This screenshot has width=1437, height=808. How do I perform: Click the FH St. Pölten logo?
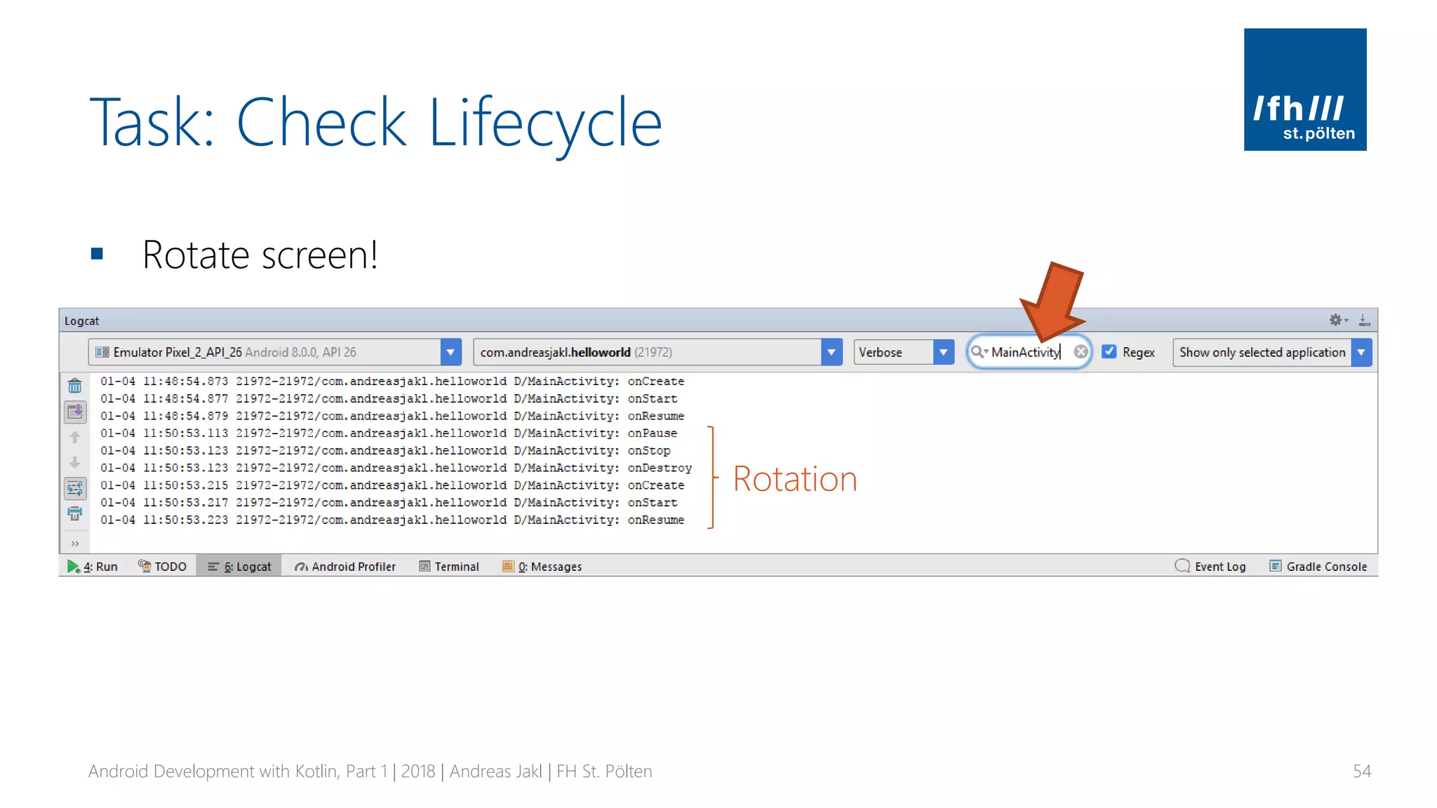click(x=1304, y=89)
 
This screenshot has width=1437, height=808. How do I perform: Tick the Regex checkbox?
click(x=1109, y=351)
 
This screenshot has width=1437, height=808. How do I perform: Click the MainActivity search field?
click(x=1025, y=352)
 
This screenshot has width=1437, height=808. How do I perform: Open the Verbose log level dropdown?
click(x=904, y=352)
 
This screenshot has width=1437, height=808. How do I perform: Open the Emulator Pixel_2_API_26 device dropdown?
click(x=274, y=352)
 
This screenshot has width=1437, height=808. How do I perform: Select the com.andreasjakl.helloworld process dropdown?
click(x=657, y=352)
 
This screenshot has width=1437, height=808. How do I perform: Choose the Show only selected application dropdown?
click(x=1271, y=352)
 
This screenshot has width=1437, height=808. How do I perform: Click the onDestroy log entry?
click(x=659, y=468)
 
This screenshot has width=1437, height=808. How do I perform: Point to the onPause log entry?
click(x=652, y=433)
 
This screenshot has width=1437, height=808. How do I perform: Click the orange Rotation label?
click(x=795, y=480)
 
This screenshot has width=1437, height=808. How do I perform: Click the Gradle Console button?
click(x=1318, y=566)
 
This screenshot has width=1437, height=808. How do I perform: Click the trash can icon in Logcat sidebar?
click(x=75, y=386)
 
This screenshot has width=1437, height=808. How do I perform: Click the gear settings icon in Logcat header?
click(x=1335, y=320)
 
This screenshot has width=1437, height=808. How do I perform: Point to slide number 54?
click(x=1361, y=772)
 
